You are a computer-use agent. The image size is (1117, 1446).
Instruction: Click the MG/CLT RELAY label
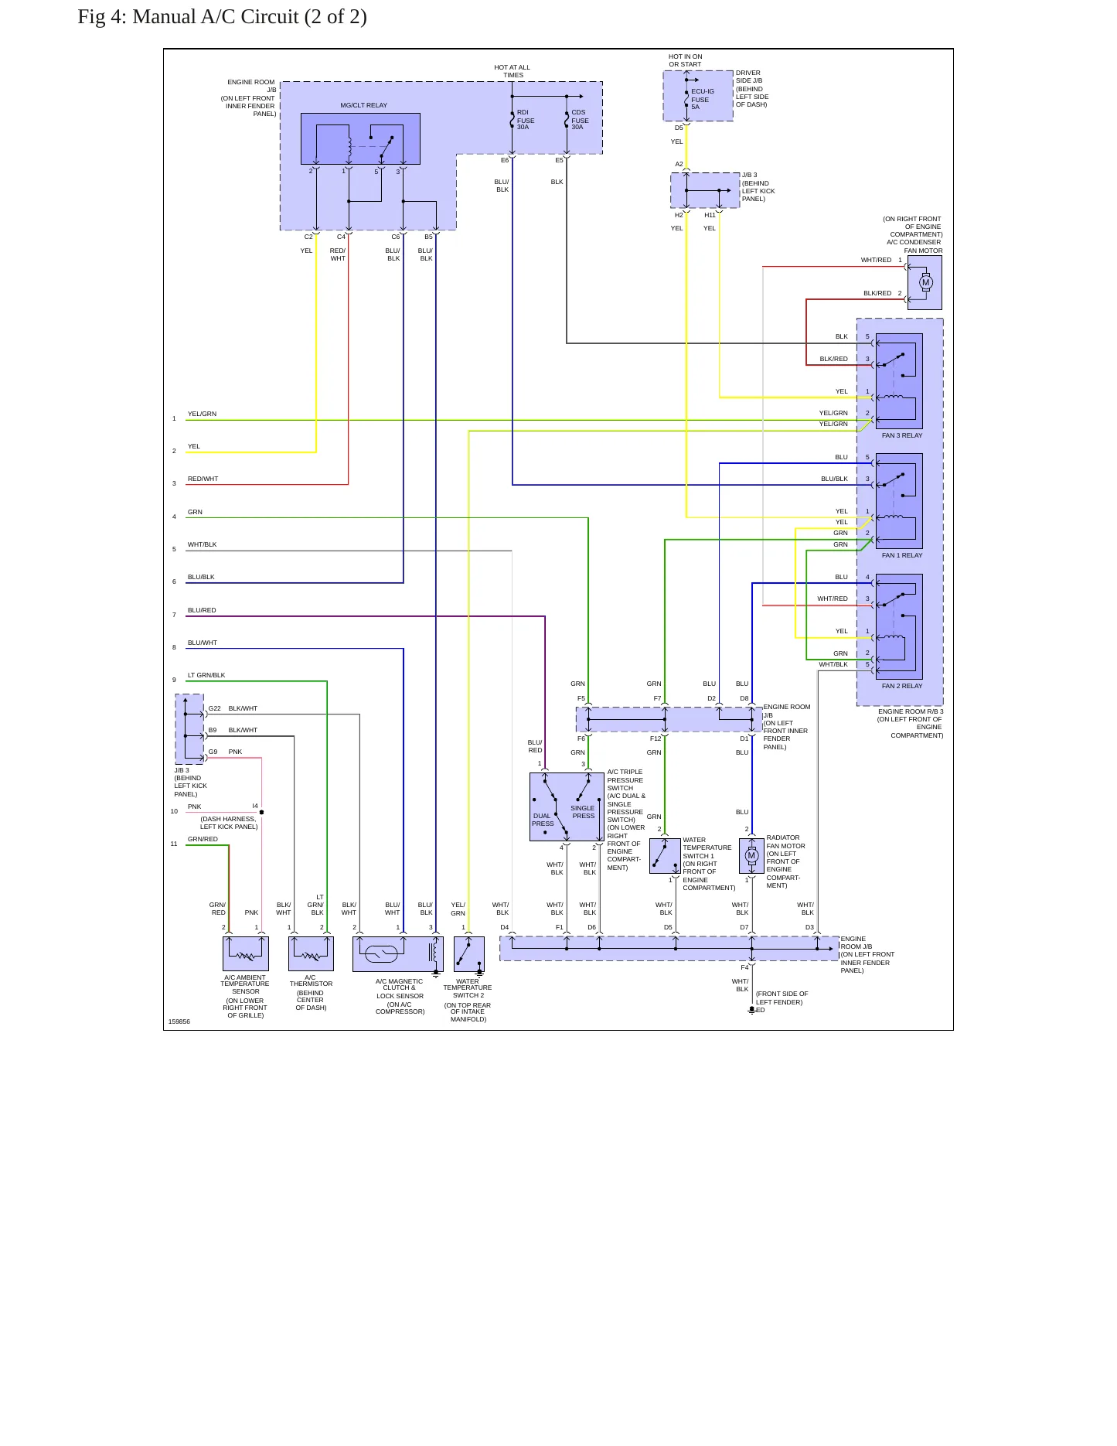pyautogui.click(x=363, y=105)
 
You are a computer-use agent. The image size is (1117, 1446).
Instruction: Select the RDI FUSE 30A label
pyautogui.click(x=526, y=120)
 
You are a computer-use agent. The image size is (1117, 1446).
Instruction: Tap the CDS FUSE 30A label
pyautogui.click(x=580, y=120)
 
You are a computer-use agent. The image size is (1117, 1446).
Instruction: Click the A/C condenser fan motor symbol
pyautogui.click(x=925, y=282)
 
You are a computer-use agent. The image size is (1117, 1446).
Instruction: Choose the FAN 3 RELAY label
pyautogui.click(x=902, y=435)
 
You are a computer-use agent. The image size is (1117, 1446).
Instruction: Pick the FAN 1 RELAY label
pyautogui.click(x=902, y=555)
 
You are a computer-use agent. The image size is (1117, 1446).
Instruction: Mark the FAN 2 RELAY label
pyautogui.click(x=902, y=686)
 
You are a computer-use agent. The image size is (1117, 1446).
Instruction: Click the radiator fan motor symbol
pyautogui.click(x=751, y=855)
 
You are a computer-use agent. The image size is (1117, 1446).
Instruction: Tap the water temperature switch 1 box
pyautogui.click(x=665, y=855)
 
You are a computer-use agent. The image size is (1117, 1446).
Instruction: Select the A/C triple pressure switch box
pyautogui.click(x=567, y=807)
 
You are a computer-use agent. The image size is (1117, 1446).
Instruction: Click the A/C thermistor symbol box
pyautogui.click(x=311, y=953)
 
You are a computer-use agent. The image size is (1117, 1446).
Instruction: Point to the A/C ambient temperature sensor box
pyautogui.click(x=246, y=953)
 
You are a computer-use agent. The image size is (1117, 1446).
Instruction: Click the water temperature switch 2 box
pyautogui.click(x=469, y=953)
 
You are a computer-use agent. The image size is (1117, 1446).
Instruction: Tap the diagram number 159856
pyautogui.click(x=179, y=1021)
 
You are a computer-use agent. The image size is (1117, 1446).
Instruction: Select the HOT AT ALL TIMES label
pyautogui.click(x=513, y=71)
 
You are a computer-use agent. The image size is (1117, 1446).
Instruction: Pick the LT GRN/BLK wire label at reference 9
pyautogui.click(x=206, y=675)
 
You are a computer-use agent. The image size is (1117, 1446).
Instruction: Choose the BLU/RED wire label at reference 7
pyautogui.click(x=202, y=610)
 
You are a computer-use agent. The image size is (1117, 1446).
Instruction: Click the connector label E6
pyautogui.click(x=505, y=160)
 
